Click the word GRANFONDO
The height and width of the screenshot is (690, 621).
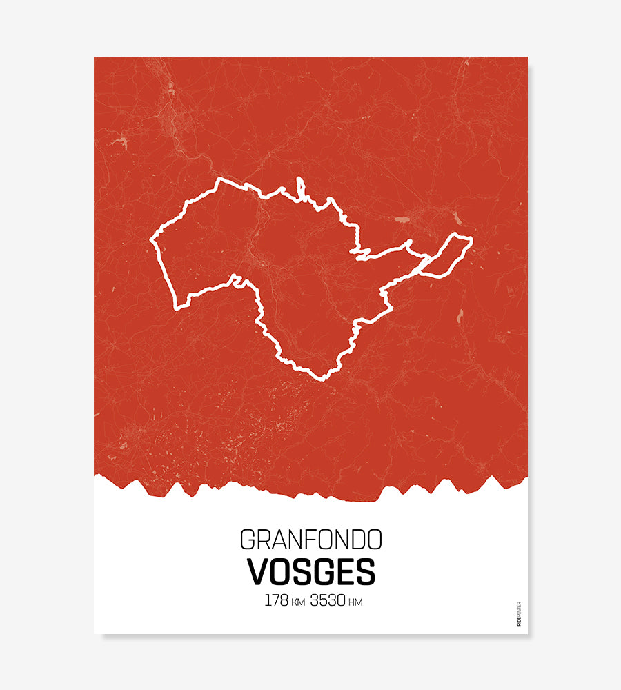pyautogui.click(x=310, y=539)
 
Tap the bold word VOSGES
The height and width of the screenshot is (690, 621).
pyautogui.click(x=310, y=571)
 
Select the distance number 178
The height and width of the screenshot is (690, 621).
pyautogui.click(x=276, y=600)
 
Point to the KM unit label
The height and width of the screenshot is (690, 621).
pyautogui.click(x=298, y=602)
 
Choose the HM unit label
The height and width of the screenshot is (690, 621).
pyautogui.click(x=355, y=602)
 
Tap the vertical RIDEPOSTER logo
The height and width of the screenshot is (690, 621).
pyautogui.click(x=519, y=613)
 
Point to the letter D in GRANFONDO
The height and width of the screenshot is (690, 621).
pyautogui.click(x=357, y=539)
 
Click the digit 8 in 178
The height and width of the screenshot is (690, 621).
pyautogui.click(x=284, y=600)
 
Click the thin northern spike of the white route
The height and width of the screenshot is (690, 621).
pyautogui.click(x=300, y=185)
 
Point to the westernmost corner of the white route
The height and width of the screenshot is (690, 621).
pyautogui.click(x=152, y=241)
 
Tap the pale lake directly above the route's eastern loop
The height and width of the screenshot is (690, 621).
pyautogui.click(x=457, y=218)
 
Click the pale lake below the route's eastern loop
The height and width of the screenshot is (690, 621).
pyautogui.click(x=459, y=315)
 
